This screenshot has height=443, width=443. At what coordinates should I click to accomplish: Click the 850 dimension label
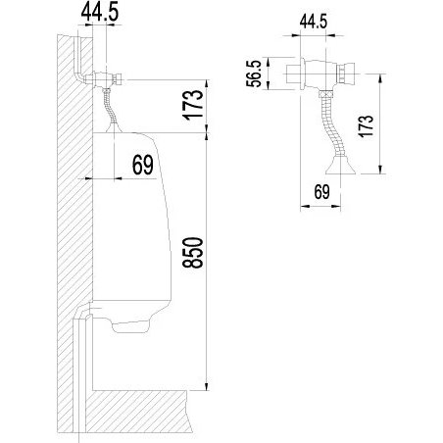coord(193,253)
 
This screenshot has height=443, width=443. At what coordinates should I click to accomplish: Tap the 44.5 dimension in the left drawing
coord(100,12)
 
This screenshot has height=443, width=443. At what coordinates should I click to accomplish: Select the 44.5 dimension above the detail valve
coord(314,22)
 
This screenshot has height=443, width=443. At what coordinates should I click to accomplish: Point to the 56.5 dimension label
coord(254,74)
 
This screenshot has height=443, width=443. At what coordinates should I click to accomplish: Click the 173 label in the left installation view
coord(194,105)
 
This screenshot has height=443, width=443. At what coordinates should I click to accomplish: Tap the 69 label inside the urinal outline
coord(143,165)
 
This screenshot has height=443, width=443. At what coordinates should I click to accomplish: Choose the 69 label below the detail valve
coord(321,192)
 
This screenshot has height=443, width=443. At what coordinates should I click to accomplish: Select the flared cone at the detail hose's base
coord(340,166)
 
